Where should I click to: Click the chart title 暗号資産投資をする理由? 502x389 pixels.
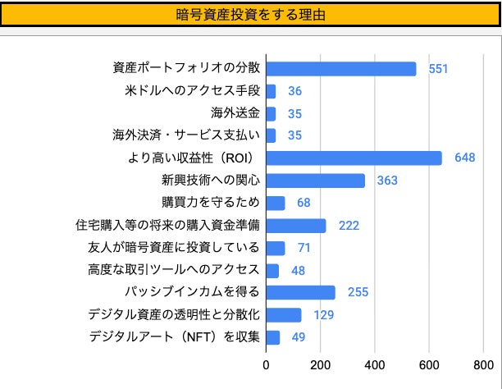click(250, 15)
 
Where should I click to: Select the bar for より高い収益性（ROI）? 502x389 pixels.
click(354, 158)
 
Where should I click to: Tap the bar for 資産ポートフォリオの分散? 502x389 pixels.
click(341, 69)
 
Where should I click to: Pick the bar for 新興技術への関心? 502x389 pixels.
click(316, 181)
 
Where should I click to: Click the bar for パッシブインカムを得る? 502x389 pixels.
click(301, 292)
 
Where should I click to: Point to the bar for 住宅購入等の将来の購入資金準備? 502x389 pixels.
click(296, 226)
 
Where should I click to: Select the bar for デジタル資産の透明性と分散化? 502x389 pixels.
click(284, 315)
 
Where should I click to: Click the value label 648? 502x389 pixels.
click(465, 158)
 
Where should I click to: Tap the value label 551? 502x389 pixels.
click(439, 69)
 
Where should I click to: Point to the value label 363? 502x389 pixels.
click(387, 181)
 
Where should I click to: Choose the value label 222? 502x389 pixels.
click(349, 226)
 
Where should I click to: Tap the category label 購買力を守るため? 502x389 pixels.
click(211, 203)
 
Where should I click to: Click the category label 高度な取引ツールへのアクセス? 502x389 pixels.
click(174, 270)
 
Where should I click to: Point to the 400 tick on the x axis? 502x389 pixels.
click(375, 366)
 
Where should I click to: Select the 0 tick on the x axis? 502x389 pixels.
click(267, 366)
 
